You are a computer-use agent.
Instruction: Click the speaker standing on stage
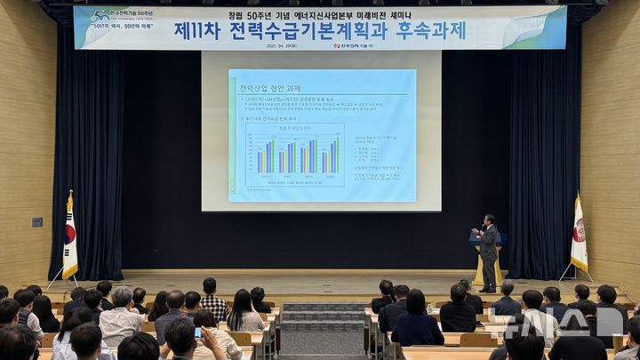click(x=487, y=250)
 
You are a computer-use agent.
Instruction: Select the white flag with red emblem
click(x=579, y=235)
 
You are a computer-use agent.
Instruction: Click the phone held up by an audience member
click(x=198, y=332)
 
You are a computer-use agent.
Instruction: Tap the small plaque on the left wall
click(x=37, y=222)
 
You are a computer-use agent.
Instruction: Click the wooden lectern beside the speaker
click(x=478, y=262)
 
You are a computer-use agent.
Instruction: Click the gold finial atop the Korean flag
click(x=69, y=193)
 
